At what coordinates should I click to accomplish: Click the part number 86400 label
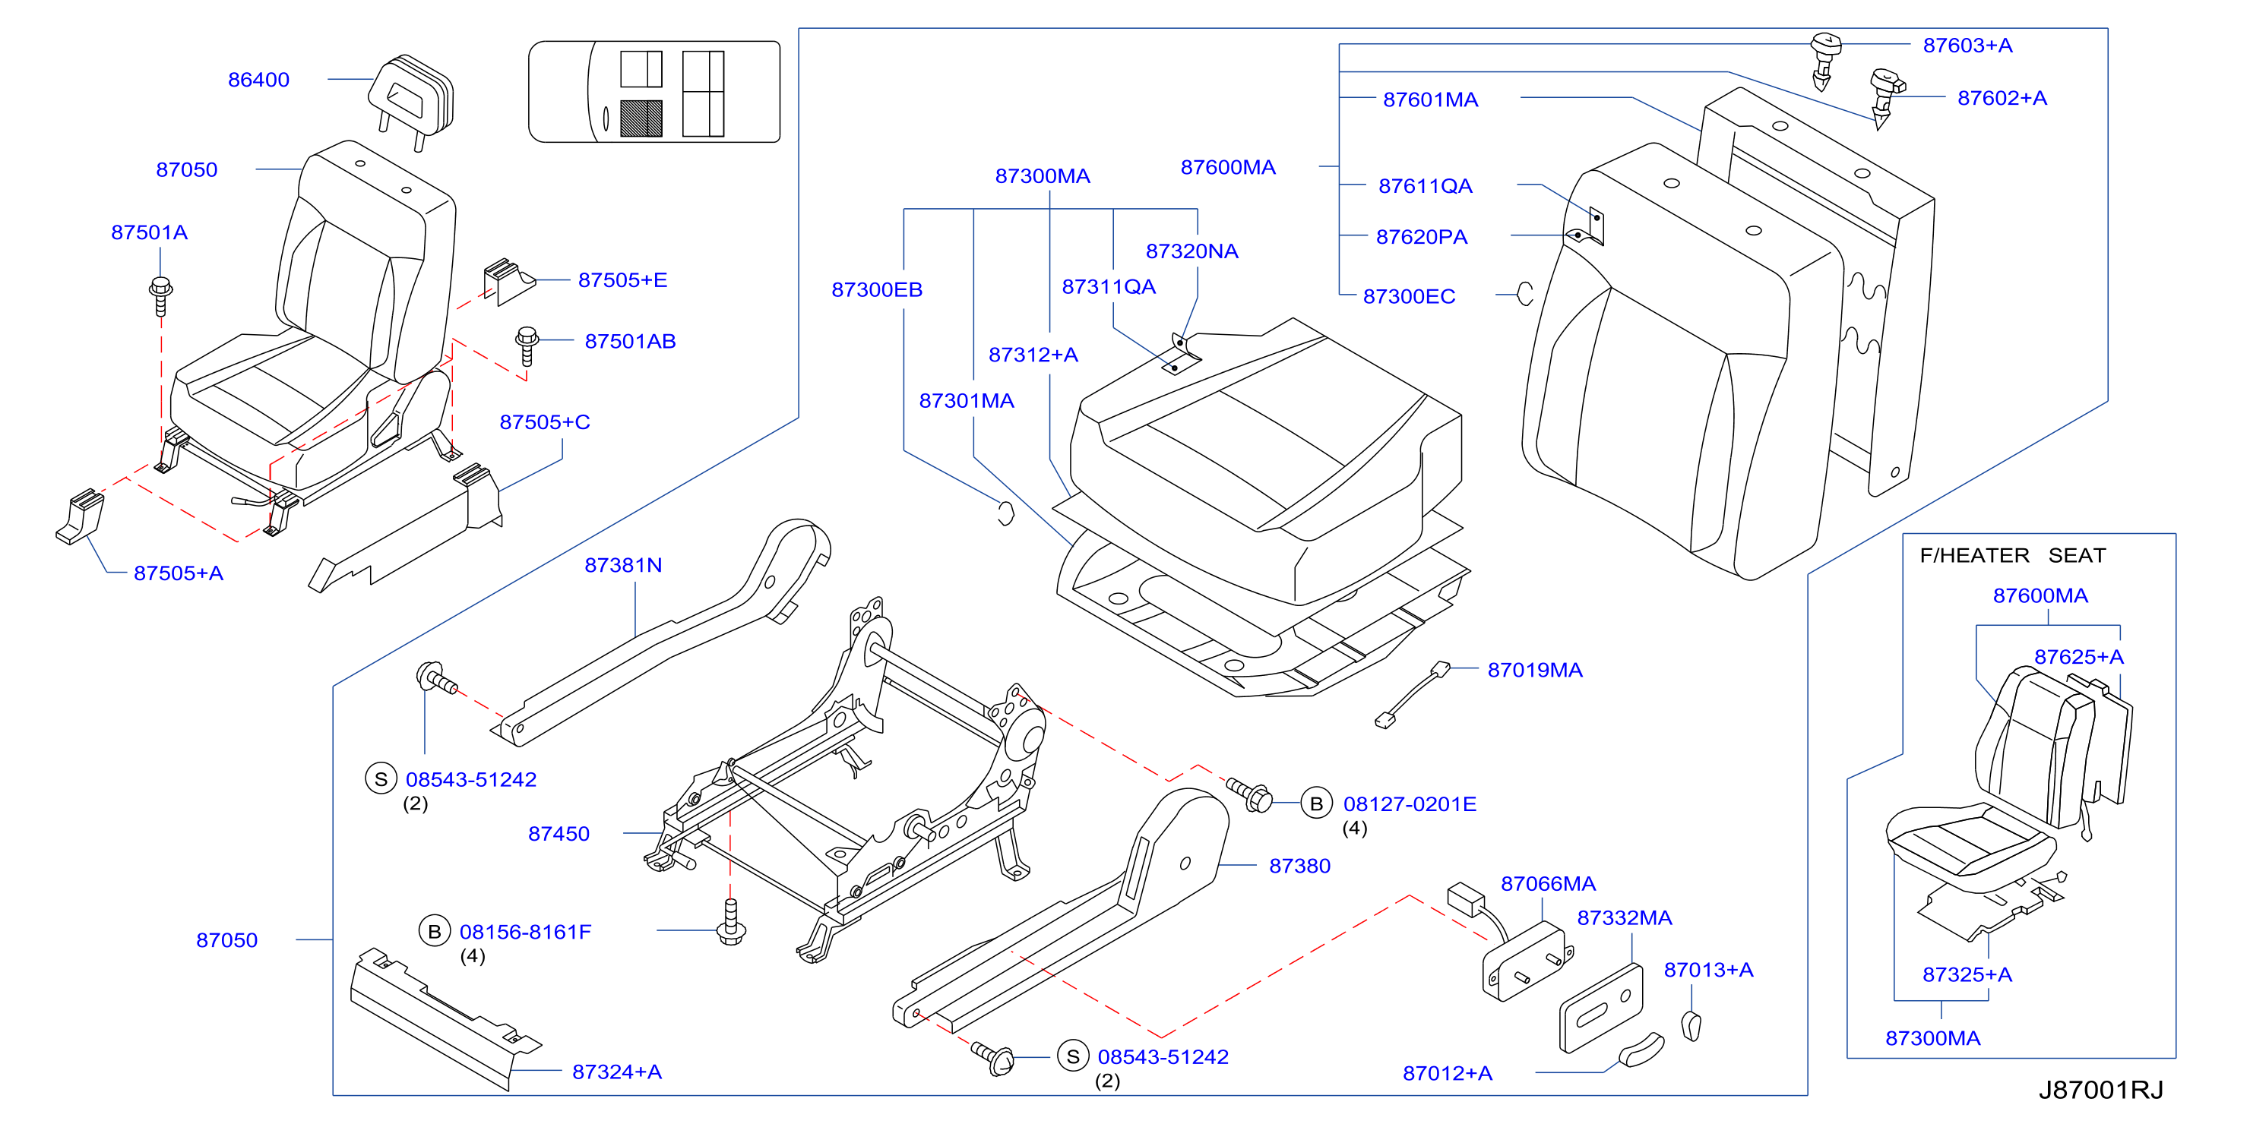click(x=258, y=80)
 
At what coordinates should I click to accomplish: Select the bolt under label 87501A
click(x=161, y=296)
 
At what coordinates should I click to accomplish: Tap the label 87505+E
click(x=623, y=280)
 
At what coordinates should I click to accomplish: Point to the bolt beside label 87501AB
click(x=527, y=346)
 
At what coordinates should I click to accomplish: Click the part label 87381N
click(x=624, y=566)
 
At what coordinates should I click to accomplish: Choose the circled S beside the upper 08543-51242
click(x=381, y=778)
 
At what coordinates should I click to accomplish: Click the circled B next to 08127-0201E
click(x=1316, y=803)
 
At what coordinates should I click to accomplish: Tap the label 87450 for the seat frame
click(x=559, y=835)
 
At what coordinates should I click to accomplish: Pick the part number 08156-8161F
click(x=526, y=933)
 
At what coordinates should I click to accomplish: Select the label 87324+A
click(x=617, y=1072)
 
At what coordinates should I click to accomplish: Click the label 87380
click(x=1299, y=866)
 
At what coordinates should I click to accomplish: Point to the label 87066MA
click(x=1548, y=883)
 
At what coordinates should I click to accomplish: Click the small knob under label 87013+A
click(x=1691, y=1025)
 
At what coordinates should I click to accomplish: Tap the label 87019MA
click(x=1535, y=671)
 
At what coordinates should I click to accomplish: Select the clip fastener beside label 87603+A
click(x=1824, y=60)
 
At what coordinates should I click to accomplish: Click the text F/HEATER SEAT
click(x=2012, y=555)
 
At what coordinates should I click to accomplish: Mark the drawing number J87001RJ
click(x=2100, y=1091)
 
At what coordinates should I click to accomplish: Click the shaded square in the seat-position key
click(x=641, y=118)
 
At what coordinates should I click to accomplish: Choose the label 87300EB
click(x=877, y=290)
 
